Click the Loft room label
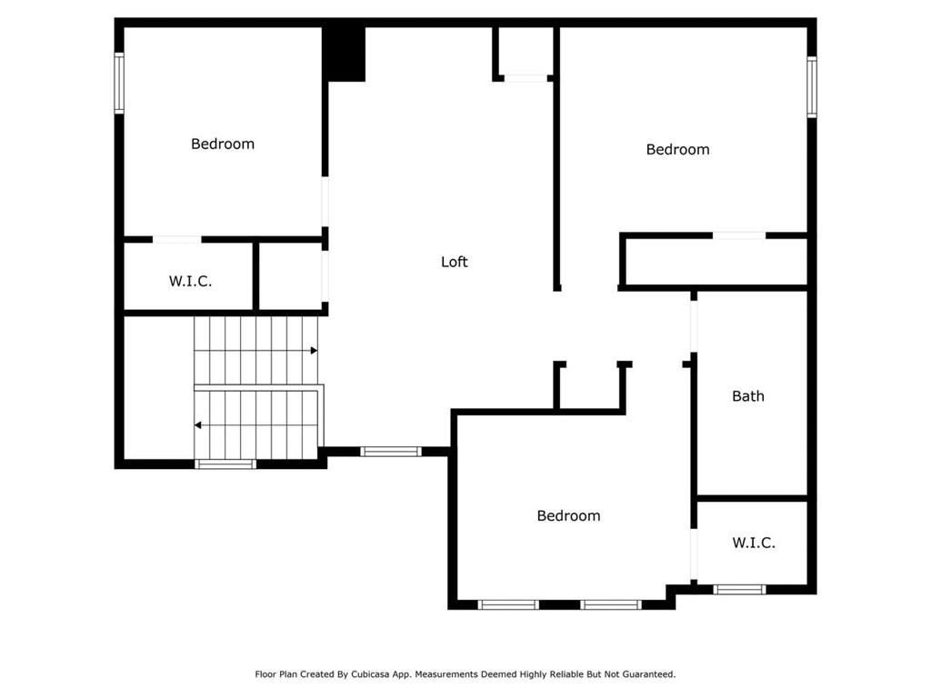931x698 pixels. click(x=455, y=262)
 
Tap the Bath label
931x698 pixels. click(x=748, y=396)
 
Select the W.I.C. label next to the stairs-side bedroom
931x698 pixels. click(x=190, y=282)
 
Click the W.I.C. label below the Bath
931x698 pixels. click(x=754, y=543)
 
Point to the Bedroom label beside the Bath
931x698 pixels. click(x=568, y=516)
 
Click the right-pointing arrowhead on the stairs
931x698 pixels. click(x=314, y=351)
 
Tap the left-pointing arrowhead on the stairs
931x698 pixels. click(x=198, y=425)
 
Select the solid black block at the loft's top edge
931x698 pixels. click(x=344, y=54)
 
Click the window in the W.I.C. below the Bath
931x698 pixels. click(x=739, y=589)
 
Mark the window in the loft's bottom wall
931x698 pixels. click(x=391, y=452)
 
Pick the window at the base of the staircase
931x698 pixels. click(x=225, y=464)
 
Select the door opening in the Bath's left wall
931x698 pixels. click(x=694, y=326)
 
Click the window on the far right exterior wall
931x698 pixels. click(x=812, y=86)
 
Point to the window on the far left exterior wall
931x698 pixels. click(x=119, y=83)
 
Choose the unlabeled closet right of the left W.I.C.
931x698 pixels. click(x=291, y=276)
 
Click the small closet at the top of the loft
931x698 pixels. click(x=525, y=51)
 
